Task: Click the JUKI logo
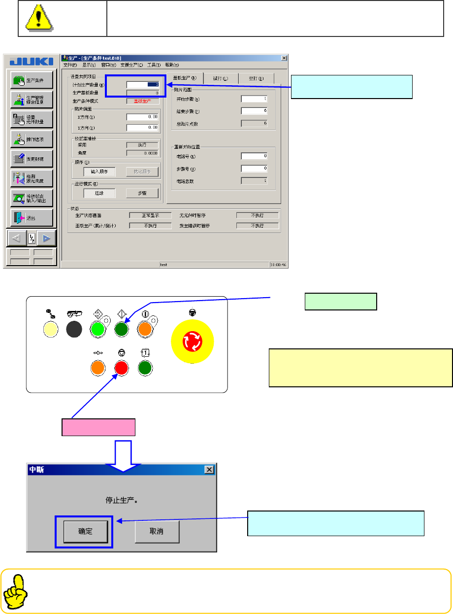[31, 61]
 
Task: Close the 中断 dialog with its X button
[209, 470]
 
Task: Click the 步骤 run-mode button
[142, 193]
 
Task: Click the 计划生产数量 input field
[142, 84]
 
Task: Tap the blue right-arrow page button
[46, 239]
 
